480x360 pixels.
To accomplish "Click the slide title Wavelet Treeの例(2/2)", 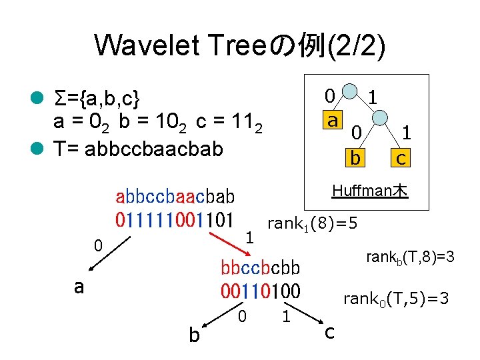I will coord(240,45).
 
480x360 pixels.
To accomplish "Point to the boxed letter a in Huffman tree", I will coord(331,121).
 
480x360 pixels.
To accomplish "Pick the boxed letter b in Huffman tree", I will coord(356,157).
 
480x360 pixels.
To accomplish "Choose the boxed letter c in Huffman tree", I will coord(400,158).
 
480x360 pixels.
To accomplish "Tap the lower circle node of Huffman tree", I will coord(379,118).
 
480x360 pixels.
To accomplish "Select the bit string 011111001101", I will coord(175,219).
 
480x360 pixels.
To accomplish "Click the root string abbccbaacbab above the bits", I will coord(175,197).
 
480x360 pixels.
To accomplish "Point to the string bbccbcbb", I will coord(261,269).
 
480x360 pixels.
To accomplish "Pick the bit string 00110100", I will coord(261,291).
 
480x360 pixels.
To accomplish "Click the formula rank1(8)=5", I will coord(312,223).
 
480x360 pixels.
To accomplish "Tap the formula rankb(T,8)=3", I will coord(409,256).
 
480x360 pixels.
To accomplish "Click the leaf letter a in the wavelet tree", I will coord(79,287).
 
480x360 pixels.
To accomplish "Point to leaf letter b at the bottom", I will coord(193,335).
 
